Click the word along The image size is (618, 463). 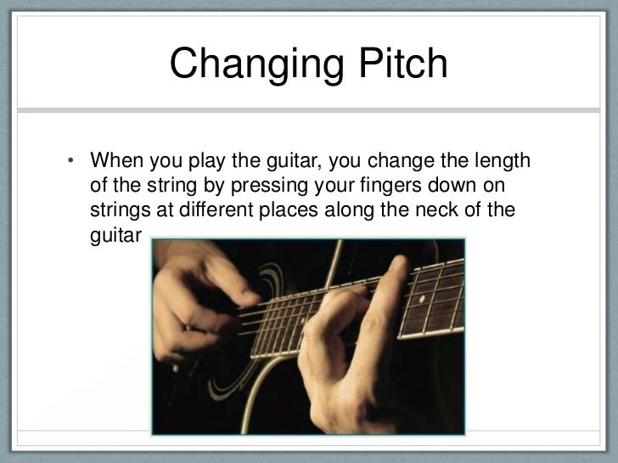(x=349, y=209)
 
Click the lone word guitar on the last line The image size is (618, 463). (x=113, y=233)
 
